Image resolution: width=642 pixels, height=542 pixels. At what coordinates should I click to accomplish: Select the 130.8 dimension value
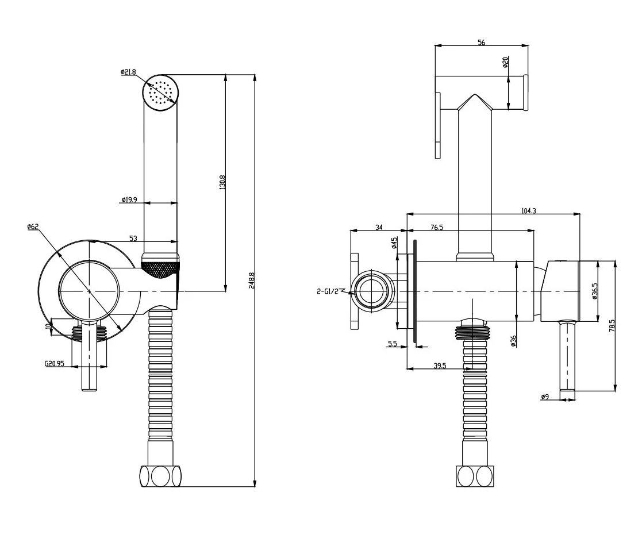click(222, 182)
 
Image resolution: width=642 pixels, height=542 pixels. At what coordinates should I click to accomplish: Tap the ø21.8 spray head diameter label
click(128, 72)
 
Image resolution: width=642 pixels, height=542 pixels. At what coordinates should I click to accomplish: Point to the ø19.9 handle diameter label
click(129, 200)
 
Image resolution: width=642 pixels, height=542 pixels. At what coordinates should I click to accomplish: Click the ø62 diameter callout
click(33, 226)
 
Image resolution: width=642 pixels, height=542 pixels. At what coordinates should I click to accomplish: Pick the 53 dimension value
click(133, 239)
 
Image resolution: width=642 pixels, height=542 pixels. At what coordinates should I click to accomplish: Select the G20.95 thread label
click(55, 363)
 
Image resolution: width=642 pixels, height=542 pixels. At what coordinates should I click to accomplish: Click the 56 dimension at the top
click(482, 42)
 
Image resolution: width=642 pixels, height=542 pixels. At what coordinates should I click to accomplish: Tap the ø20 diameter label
click(505, 62)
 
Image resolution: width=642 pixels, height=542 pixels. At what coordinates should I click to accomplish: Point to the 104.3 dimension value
click(529, 211)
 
